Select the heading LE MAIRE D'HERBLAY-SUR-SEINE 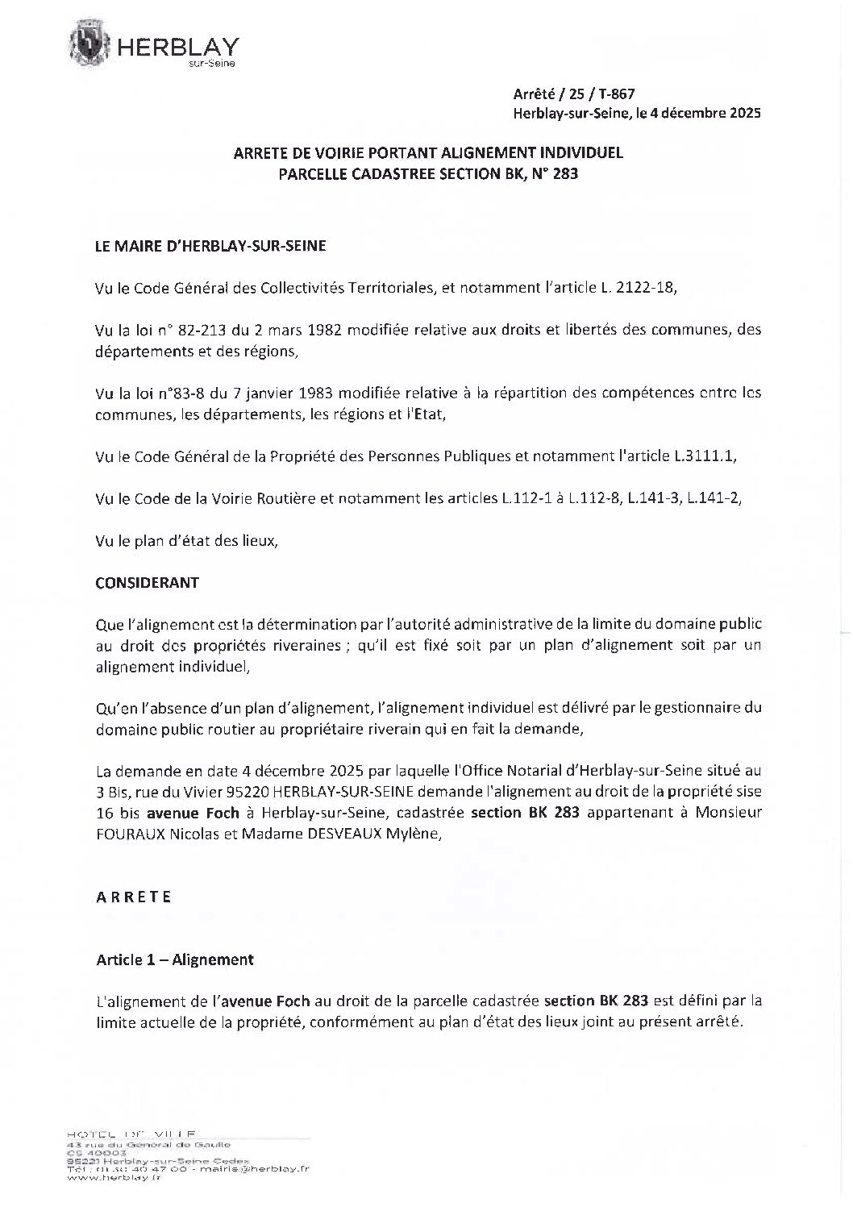coord(210,247)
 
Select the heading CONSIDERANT coord(148,582)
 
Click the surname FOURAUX coord(131,834)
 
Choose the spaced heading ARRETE coord(134,897)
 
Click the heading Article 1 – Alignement coord(175,959)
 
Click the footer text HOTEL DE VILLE coord(131,1133)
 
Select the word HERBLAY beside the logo coord(178,48)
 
